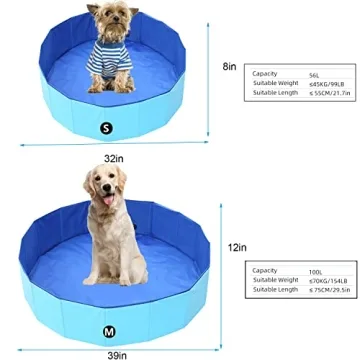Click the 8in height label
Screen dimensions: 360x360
229,67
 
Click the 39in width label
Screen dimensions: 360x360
117,354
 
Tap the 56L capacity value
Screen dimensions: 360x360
314,73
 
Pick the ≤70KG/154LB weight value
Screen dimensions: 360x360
326,279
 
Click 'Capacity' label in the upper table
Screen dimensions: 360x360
264,73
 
